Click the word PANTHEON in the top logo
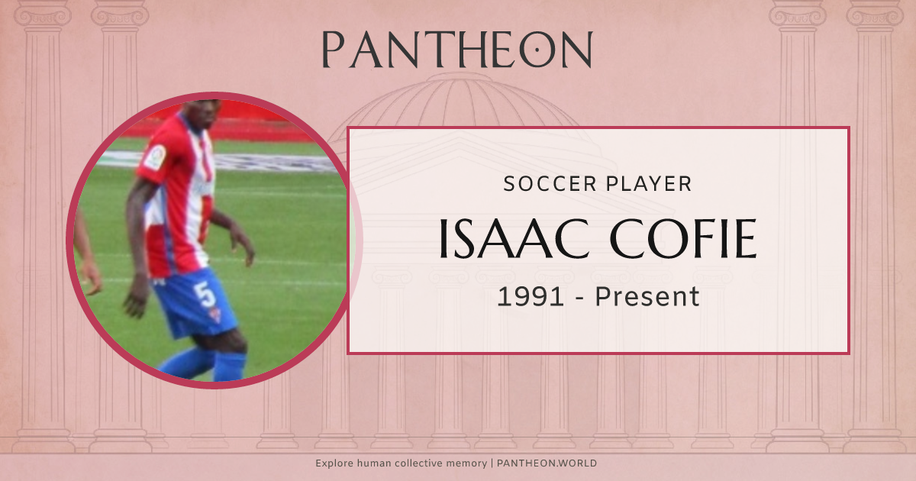coord(456,50)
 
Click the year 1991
coord(531,296)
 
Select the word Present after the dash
coord(647,296)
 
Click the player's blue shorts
coord(195,302)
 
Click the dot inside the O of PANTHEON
coord(538,50)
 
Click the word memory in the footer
coord(469,463)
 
